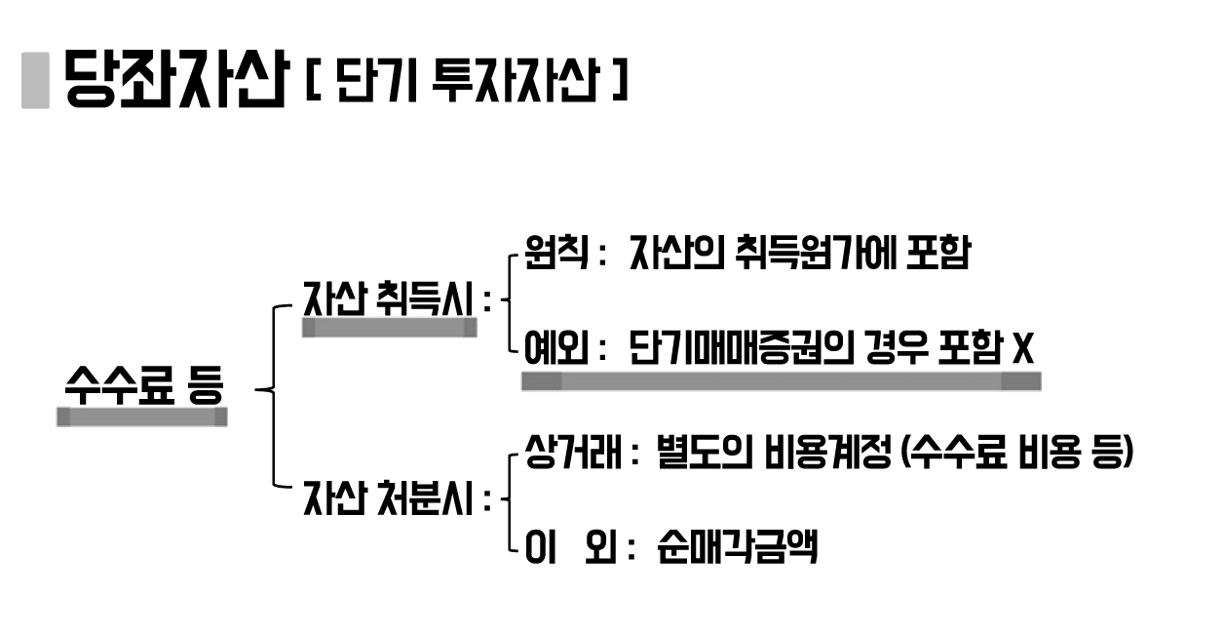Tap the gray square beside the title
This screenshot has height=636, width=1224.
[x=35, y=79]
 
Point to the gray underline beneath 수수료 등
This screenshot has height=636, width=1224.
[x=142, y=417]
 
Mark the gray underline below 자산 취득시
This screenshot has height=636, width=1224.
[x=390, y=329]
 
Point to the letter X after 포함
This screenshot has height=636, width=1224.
[x=1022, y=348]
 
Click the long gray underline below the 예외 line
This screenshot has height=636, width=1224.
[x=781, y=381]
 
